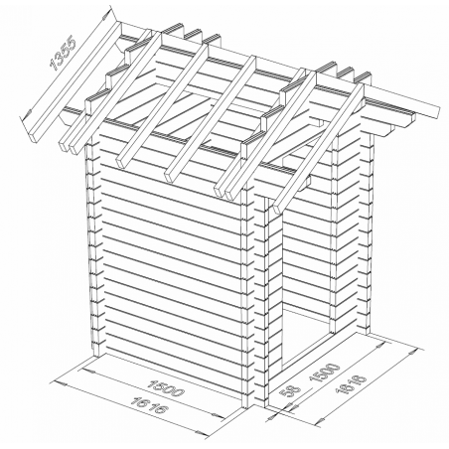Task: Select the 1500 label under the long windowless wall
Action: click(167, 387)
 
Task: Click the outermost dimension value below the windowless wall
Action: click(148, 405)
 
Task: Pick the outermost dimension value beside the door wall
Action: click(351, 384)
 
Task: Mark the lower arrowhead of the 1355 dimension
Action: click(27, 115)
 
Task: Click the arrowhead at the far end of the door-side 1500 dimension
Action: click(380, 346)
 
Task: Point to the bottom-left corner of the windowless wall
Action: click(93, 357)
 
